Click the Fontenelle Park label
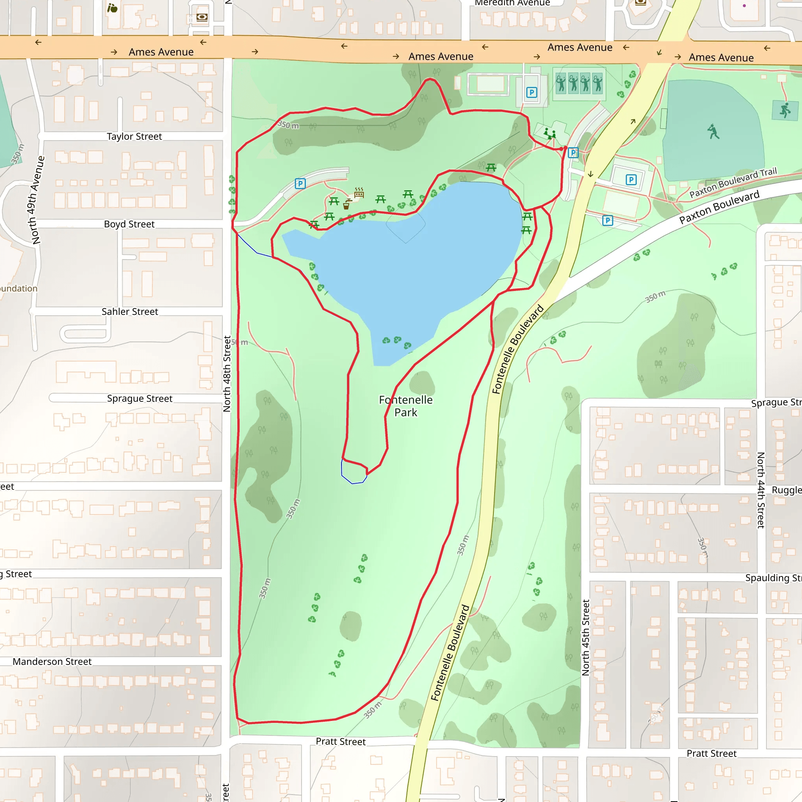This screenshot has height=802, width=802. tap(406, 406)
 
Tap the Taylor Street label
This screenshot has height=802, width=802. tap(134, 137)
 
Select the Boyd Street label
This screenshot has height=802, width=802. tap(129, 224)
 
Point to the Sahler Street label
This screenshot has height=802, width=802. tap(130, 312)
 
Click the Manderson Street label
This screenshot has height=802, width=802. tap(52, 662)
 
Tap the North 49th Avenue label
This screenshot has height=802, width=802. tap(37, 200)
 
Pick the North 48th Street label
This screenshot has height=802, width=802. tap(227, 374)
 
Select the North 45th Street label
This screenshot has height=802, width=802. tap(586, 638)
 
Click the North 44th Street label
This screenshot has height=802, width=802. tap(760, 490)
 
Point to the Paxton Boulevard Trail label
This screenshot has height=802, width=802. tap(733, 182)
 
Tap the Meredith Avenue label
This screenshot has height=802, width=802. tap(512, 3)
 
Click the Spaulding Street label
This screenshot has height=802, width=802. tap(773, 578)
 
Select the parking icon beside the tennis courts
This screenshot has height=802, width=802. tap(531, 92)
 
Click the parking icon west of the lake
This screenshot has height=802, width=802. tap(300, 184)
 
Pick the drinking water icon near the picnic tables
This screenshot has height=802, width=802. tap(347, 204)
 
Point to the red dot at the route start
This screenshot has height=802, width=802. tap(565, 148)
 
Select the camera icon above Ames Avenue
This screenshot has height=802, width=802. tap(202, 17)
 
